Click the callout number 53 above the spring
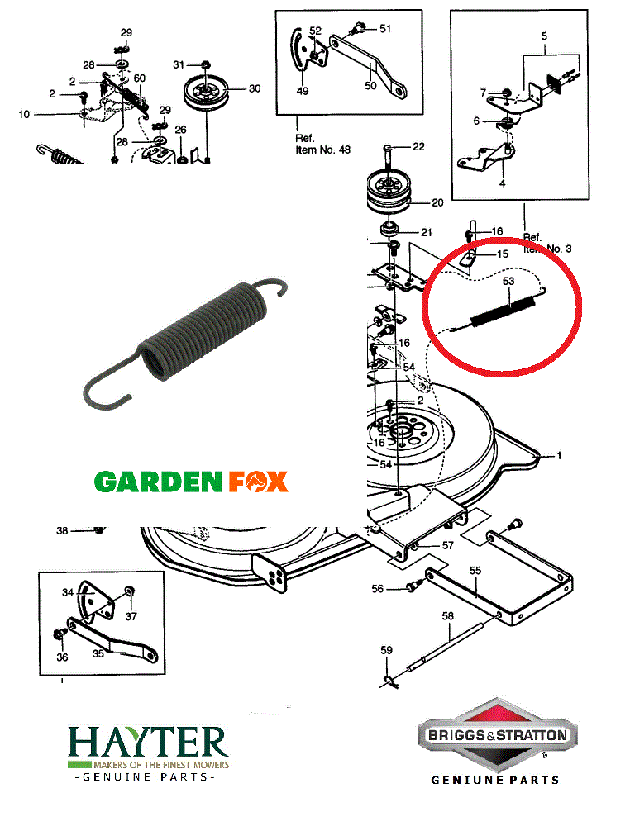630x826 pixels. tap(508, 282)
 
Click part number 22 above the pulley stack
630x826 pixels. tap(418, 146)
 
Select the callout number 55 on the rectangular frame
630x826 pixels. tap(475, 570)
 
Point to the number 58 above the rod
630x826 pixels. tap(447, 616)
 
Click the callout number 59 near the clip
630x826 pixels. tap(386, 651)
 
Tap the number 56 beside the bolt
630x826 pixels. tap(377, 589)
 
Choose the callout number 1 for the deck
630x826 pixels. tap(558, 455)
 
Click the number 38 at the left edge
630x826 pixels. tap(62, 530)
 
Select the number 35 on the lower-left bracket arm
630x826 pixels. tap(98, 653)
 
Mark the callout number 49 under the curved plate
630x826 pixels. tap(303, 91)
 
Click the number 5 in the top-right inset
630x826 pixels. tap(544, 36)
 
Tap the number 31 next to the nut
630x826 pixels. tap(179, 64)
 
